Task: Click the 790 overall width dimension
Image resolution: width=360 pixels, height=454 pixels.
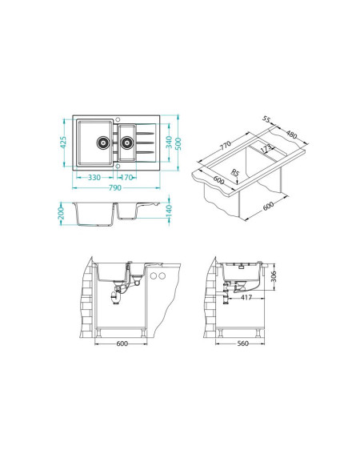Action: pos(115,188)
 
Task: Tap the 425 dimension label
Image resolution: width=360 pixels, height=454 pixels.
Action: pos(63,142)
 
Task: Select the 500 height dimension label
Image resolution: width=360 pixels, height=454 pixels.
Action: pos(178,143)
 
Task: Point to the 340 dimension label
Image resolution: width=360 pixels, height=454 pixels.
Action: pos(169,142)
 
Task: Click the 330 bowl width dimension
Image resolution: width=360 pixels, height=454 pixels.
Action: pos(94,177)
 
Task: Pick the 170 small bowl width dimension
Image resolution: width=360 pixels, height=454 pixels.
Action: pos(126,177)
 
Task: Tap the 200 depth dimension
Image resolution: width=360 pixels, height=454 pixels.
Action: pos(61,214)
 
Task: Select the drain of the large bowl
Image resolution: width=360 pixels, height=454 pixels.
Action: pos(102,143)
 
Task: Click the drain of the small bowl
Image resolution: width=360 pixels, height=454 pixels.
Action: pos(126,143)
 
